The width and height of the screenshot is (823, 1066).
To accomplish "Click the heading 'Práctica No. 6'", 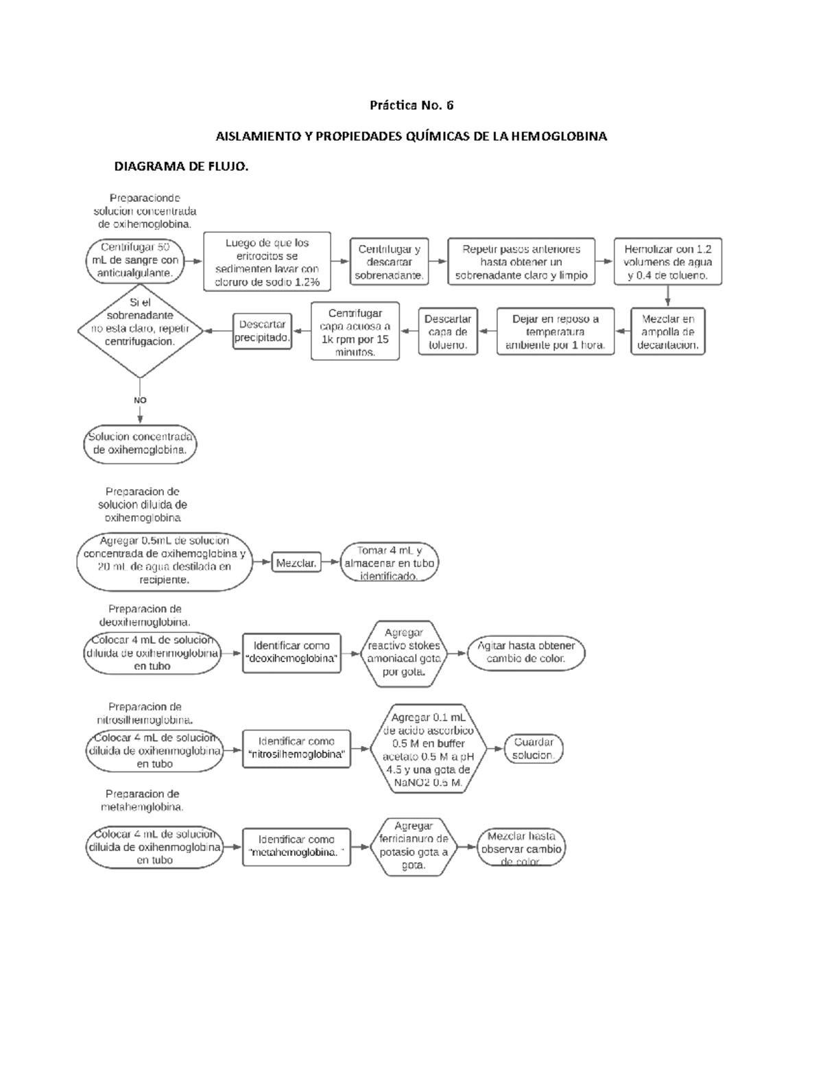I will [x=411, y=106].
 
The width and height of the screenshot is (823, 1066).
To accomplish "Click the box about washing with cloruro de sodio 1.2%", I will [x=267, y=262].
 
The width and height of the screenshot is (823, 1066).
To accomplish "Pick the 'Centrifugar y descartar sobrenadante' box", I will [x=389, y=262].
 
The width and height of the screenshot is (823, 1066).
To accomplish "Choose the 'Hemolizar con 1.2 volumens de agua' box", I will [x=667, y=262].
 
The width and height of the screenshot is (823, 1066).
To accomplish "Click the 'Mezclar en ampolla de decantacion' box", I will [x=667, y=332].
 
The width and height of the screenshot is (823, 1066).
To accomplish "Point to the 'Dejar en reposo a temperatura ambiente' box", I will [x=555, y=332].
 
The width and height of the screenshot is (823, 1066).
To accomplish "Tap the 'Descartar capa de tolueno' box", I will [x=447, y=332].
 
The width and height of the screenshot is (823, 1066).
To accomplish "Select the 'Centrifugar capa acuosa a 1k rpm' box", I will [x=355, y=332].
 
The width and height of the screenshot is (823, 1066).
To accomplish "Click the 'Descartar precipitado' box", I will [x=262, y=331].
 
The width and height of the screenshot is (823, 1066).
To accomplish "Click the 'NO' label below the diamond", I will [x=140, y=400].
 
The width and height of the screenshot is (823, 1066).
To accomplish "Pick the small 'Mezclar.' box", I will [x=296, y=563].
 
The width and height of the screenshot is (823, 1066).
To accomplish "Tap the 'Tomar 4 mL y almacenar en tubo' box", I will [x=389, y=563].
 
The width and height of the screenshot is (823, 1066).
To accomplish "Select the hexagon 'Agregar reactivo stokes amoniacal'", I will [x=403, y=653].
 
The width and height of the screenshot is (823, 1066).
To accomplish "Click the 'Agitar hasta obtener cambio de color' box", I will [x=526, y=652].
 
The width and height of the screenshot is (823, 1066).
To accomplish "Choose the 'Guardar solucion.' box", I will [x=533, y=749].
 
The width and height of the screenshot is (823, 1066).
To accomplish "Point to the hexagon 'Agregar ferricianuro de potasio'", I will [x=414, y=846].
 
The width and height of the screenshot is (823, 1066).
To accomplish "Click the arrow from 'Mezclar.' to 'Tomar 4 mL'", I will [x=331, y=562].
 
